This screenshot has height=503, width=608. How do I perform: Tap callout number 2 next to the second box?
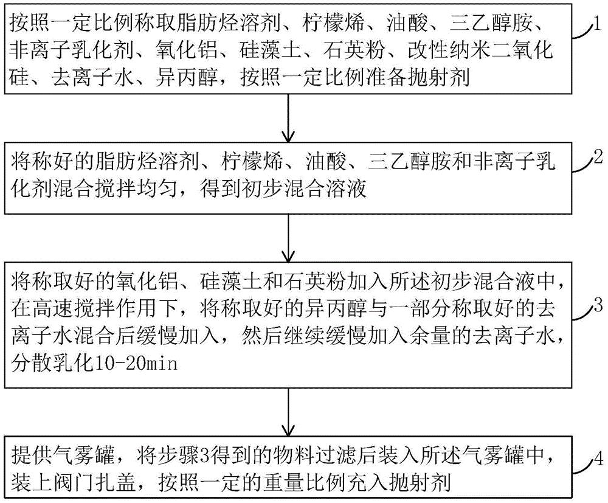[598, 157]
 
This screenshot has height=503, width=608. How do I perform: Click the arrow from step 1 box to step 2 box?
[288, 117]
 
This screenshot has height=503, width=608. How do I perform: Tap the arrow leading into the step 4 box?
[288, 412]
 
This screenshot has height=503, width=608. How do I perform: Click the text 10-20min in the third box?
[136, 364]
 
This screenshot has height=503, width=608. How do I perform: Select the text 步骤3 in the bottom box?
[178, 456]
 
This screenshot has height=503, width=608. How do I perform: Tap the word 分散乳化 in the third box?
[52, 364]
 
